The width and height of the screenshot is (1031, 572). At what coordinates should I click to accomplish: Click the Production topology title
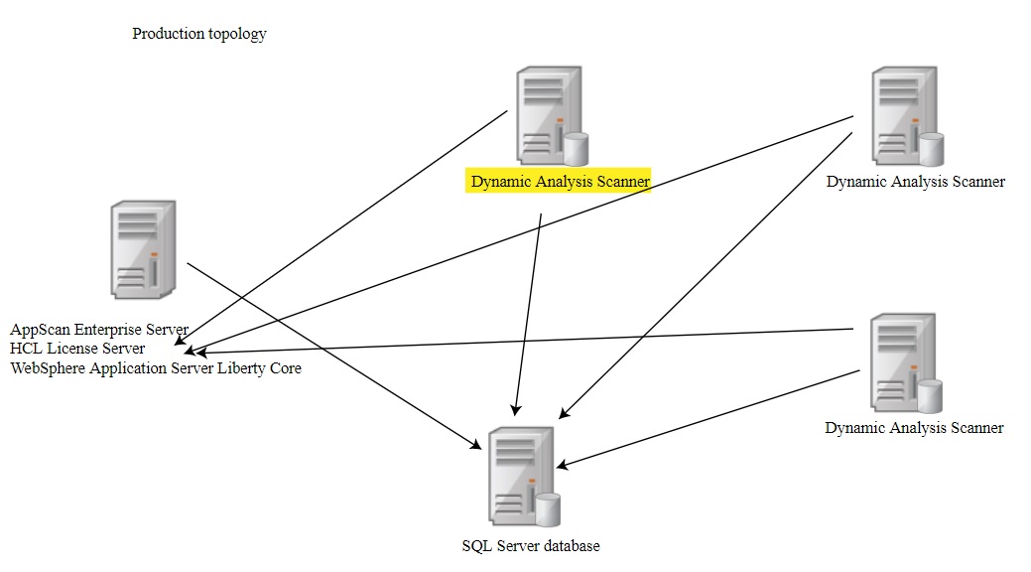click(199, 34)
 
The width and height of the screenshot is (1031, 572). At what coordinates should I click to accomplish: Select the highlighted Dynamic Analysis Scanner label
click(560, 181)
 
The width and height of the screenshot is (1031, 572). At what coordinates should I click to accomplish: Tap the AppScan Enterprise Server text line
click(99, 329)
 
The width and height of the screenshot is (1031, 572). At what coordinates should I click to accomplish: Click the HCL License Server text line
click(77, 349)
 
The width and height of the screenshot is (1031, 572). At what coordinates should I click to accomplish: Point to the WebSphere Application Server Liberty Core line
click(156, 368)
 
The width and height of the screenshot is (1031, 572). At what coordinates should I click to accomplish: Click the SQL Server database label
click(531, 545)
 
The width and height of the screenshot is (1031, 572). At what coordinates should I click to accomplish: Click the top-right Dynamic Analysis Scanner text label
click(915, 181)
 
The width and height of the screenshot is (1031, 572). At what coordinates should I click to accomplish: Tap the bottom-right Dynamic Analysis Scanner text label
click(914, 428)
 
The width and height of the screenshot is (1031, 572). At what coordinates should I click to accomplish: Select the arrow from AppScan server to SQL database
click(327, 351)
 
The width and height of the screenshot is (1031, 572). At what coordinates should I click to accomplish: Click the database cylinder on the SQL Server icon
click(548, 509)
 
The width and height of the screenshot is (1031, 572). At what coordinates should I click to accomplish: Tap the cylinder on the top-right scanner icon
click(930, 149)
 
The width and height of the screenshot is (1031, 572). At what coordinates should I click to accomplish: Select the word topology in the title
click(237, 34)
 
